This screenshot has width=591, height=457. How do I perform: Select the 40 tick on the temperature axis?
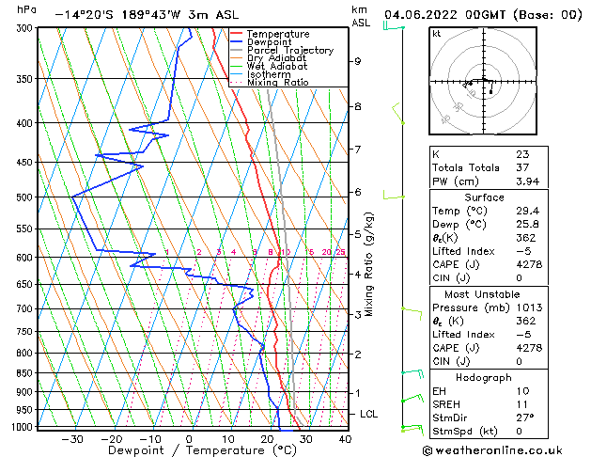pyautogui.click(x=345, y=438)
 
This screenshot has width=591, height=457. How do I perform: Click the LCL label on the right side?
pyautogui.click(x=369, y=414)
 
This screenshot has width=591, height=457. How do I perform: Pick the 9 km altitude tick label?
pyautogui.click(x=358, y=61)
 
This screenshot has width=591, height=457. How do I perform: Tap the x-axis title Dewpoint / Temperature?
pyautogui.click(x=189, y=450)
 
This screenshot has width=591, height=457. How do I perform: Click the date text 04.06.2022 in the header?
pyautogui.click(x=425, y=14)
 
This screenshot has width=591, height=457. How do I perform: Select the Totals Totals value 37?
pyautogui.click(x=522, y=167)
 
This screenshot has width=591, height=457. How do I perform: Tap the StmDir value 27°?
pyautogui.click(x=525, y=418)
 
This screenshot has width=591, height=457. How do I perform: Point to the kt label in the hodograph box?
pyautogui.click(x=436, y=34)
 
